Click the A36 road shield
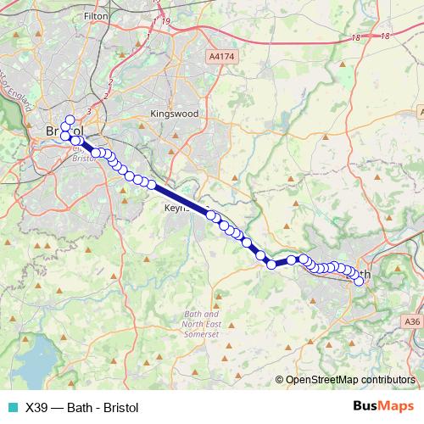[x=412, y=321]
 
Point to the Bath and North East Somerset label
[x=201, y=325]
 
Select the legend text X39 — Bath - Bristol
[x=81, y=407]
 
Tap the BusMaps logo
[x=382, y=406]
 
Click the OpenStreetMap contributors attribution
[x=350, y=380]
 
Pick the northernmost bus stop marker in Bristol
[x=70, y=120]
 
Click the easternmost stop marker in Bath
[x=360, y=282]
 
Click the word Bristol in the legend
[x=117, y=407]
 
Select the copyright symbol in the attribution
[x=280, y=380]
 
